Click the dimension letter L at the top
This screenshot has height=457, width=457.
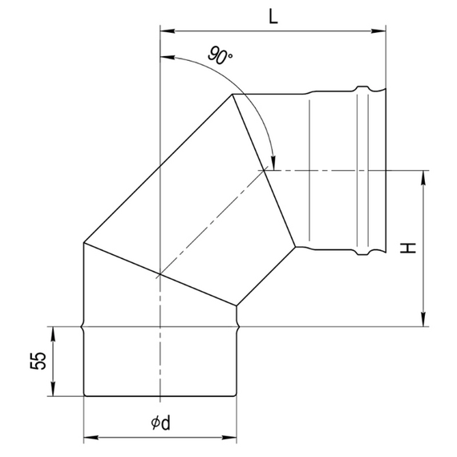coord(273,18)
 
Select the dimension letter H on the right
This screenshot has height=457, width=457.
coord(410,249)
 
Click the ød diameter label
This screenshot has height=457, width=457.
coord(160,423)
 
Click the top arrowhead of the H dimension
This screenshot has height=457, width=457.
coord(423,176)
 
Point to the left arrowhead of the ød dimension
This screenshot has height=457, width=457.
coord(90,439)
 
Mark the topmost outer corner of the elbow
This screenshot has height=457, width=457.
coord(233,95)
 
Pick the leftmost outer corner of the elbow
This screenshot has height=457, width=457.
coord(84,243)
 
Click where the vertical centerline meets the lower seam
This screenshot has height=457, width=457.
coord(160,274)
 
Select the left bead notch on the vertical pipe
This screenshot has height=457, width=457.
coord(84,326)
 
